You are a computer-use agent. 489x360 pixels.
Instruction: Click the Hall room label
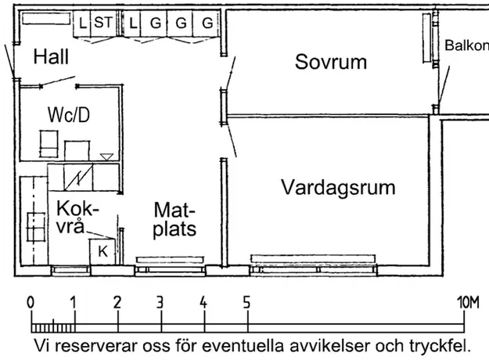(51, 57)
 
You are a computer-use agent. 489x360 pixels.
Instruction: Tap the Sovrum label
(331, 62)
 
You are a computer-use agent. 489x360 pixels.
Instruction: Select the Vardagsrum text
(338, 188)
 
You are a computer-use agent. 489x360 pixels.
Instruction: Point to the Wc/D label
(69, 114)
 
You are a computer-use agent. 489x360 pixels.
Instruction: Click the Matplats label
(174, 220)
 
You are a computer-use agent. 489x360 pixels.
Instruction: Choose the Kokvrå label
(77, 217)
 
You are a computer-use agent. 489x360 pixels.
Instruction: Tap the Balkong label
(466, 45)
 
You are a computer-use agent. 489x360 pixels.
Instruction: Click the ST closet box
(103, 24)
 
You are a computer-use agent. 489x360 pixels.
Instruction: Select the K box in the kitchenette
(102, 252)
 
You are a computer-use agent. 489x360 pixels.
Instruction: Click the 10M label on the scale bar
(468, 302)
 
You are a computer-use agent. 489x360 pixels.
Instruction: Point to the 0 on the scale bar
(31, 302)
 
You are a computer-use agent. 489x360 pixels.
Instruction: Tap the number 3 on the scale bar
(160, 302)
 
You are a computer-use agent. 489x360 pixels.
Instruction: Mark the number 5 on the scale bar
(246, 302)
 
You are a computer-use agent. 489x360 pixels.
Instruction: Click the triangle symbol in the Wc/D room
(106, 157)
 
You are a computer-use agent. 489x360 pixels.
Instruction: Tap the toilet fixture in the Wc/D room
(49, 144)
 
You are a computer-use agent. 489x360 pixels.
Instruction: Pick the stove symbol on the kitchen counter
(36, 227)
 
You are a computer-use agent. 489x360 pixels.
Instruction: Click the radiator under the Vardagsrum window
(313, 258)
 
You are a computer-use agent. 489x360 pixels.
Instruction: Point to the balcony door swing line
(444, 85)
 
